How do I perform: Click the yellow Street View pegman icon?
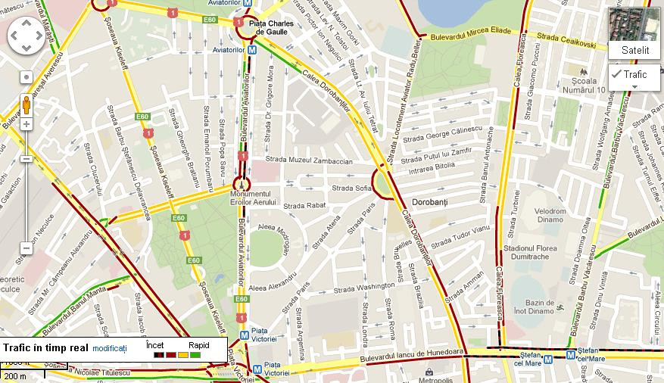[26, 104]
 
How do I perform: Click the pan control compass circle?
[26, 36]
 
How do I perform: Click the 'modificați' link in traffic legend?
[110, 348]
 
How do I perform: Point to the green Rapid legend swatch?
[195, 355]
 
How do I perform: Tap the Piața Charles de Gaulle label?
[271, 27]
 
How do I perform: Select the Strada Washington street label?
[364, 288]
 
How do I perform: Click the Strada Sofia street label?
[351, 188]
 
